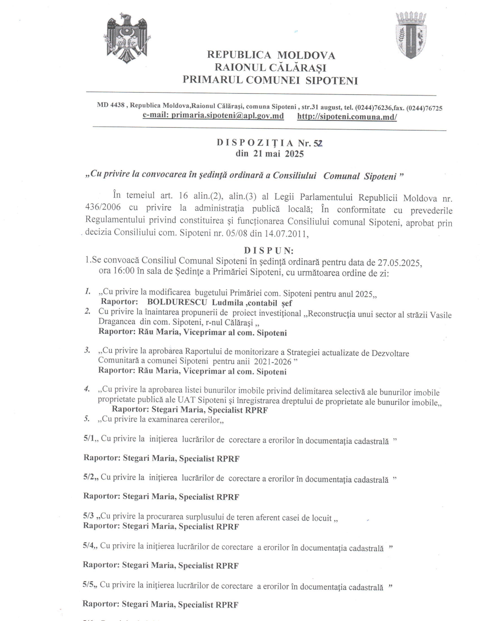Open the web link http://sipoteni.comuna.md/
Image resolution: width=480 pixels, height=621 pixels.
tap(347, 117)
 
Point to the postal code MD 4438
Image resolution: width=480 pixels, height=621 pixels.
tap(111, 105)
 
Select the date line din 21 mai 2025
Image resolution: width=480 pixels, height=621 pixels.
tap(269, 154)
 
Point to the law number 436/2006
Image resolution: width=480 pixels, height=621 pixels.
tap(103, 207)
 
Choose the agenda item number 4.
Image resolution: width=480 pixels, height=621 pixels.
tap(87, 389)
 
